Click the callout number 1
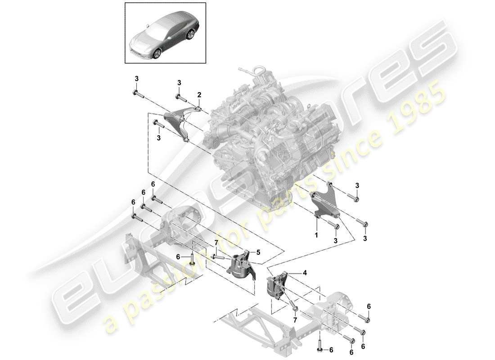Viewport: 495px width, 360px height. [316, 235]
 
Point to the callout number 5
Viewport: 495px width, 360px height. [258, 252]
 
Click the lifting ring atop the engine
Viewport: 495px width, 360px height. [260, 71]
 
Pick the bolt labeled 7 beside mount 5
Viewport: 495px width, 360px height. [219, 257]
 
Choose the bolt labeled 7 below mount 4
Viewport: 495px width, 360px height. [295, 307]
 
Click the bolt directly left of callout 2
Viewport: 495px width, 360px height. [181, 96]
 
